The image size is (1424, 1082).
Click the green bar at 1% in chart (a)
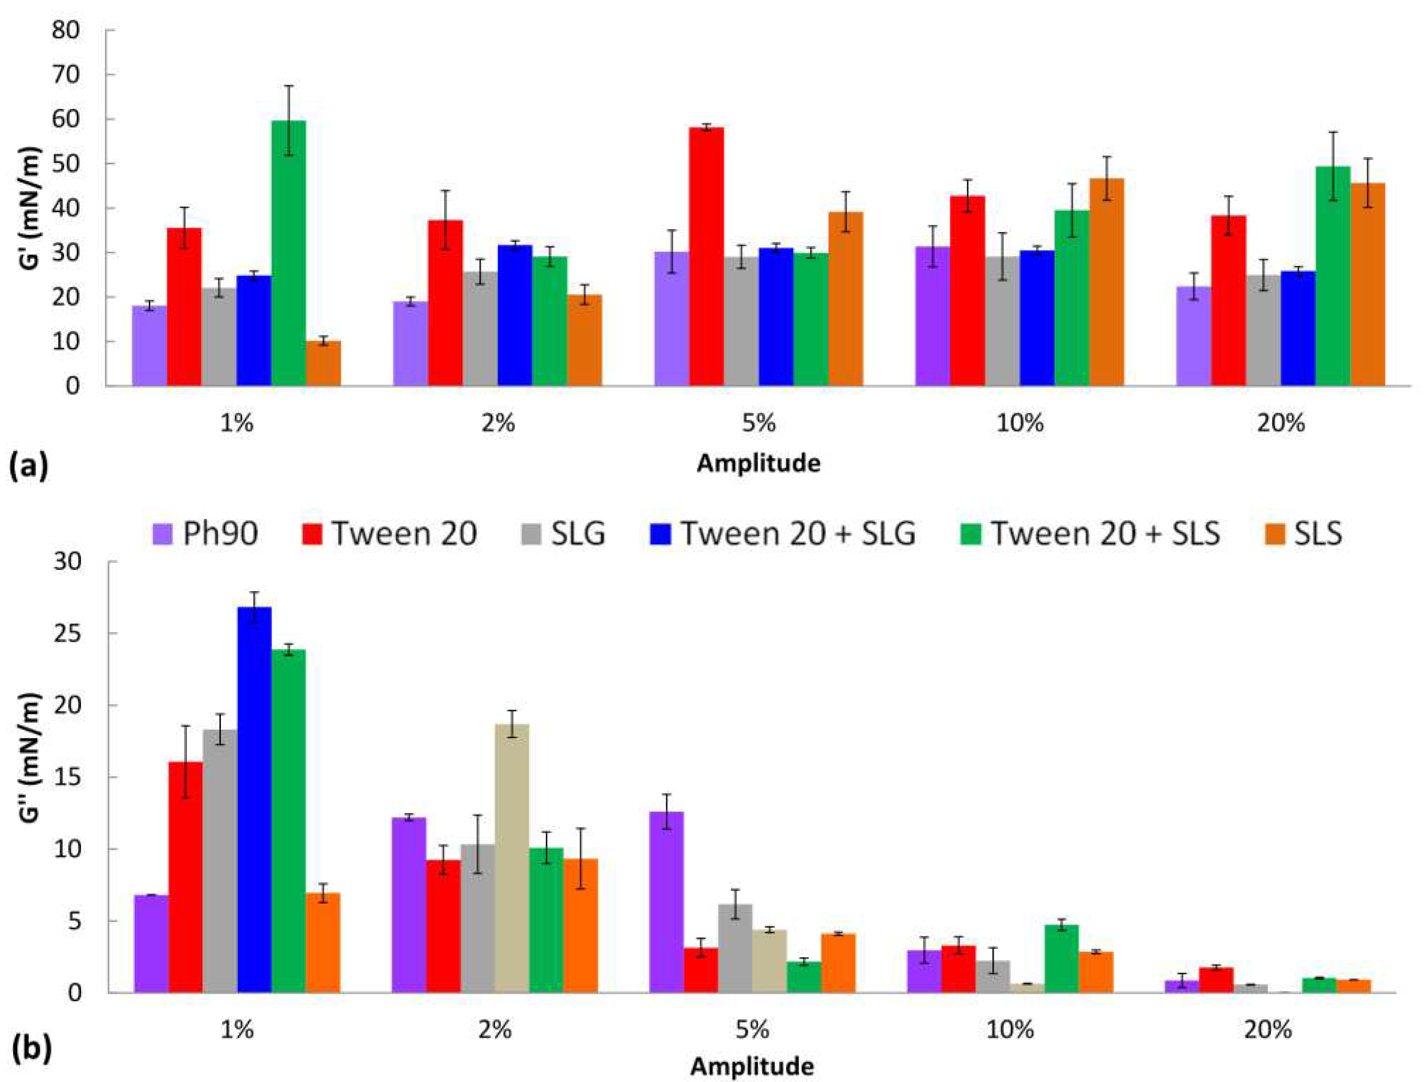(288, 255)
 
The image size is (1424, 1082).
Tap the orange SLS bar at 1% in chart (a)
(323, 364)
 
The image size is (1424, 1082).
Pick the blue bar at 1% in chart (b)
(254, 799)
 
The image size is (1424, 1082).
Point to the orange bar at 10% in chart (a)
(1106, 283)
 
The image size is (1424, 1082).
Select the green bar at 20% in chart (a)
(1333, 277)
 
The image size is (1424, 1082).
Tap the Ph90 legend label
(220, 534)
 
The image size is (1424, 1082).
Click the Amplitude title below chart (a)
(759, 463)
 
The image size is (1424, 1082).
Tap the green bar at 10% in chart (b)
(1061, 958)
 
